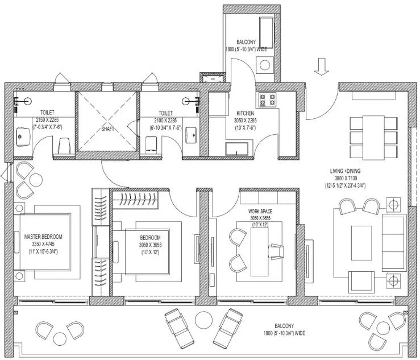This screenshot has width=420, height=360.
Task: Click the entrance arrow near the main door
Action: [x=321, y=67]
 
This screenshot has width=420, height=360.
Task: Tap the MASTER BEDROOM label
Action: [x=43, y=237]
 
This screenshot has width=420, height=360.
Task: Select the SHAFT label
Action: [x=108, y=129]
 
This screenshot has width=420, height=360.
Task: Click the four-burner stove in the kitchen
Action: [x=267, y=100]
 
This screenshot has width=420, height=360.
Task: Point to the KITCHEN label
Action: [x=245, y=113]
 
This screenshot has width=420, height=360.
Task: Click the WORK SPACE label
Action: [x=260, y=212]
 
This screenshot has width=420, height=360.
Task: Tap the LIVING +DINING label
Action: [x=345, y=171]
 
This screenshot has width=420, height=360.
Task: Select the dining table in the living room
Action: [x=373, y=138]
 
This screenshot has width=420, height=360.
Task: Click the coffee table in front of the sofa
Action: [x=361, y=243]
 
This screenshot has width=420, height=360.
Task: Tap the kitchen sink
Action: [x=236, y=149]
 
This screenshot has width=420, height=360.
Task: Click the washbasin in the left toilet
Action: [x=23, y=136]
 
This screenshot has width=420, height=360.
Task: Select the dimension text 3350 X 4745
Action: [x=43, y=244]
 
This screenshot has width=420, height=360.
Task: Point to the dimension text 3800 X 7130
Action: [x=346, y=178]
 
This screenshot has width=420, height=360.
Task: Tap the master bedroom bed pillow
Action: [x=16, y=242]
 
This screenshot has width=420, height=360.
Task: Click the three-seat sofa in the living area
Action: [x=393, y=242]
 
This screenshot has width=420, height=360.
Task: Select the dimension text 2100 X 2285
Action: [x=165, y=121]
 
